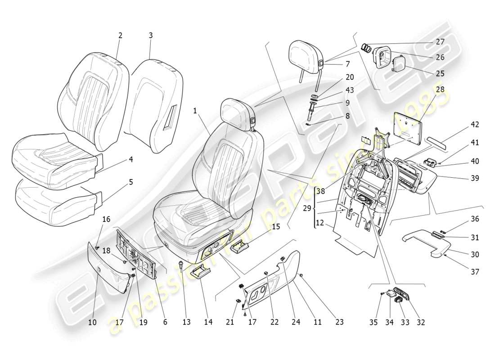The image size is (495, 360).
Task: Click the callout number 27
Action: coord(440,42)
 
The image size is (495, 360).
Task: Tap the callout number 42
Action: coord(463,125)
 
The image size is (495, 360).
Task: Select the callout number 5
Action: coord(131,182)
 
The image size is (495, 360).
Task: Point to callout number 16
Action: coord(106,219)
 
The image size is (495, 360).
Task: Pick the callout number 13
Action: coord(186,322)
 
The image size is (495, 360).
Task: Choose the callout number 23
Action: coord(339,322)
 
